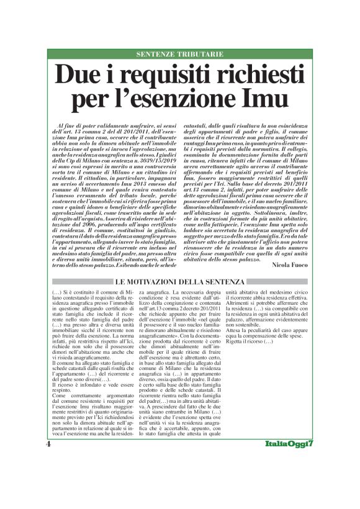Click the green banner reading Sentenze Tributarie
(180, 55)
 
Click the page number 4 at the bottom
(49, 480)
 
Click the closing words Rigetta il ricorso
(248, 342)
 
